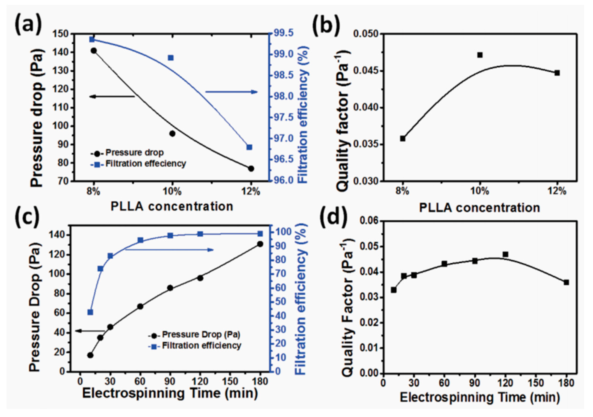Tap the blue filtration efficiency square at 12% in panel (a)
[249, 147]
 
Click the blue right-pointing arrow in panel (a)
[232, 91]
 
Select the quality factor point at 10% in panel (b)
[480, 55]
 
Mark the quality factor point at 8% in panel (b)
[403, 139]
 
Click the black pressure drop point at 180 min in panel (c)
[260, 244]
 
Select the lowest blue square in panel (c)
[90, 312]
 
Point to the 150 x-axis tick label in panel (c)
[230, 381]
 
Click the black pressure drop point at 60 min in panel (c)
[140, 306]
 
